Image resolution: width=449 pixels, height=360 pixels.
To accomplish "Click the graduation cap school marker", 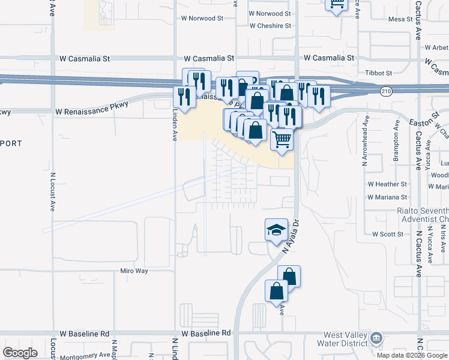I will pos(276,230).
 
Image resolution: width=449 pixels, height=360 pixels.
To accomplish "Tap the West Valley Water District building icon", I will pos(376,337).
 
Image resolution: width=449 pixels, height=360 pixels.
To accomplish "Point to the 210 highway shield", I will pos(387,91).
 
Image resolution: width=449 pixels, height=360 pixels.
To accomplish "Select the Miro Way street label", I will pos(134,271).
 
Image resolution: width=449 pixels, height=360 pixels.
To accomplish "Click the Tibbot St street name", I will pos(379,73).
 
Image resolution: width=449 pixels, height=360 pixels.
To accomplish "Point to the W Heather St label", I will pos(387,184).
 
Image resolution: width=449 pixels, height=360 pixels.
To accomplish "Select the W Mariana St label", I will pos(387,196).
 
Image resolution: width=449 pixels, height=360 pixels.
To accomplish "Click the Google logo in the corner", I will pos(20,353).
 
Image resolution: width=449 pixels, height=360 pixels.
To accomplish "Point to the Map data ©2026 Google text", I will pos(412,355).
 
